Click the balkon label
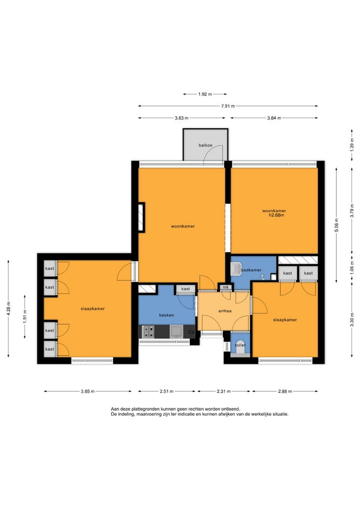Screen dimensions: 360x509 pyautogui.click(x=206, y=145)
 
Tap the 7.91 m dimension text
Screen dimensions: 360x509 pyautogui.click(x=228, y=106)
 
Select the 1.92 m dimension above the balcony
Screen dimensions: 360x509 pyautogui.click(x=205, y=94)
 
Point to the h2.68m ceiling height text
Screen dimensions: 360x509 pyautogui.click(x=277, y=215)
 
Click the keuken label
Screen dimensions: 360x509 pyautogui.click(x=166, y=315)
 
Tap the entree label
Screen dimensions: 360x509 pyautogui.click(x=225, y=311)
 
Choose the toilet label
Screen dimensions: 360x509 pyautogui.click(x=240, y=345)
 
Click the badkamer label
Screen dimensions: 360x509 pyautogui.click(x=251, y=270)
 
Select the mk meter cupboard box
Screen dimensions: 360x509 pyautogui.click(x=226, y=287)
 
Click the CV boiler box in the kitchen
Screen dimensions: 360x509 pyautogui.click(x=191, y=332)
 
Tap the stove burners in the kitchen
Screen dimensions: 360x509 pyautogui.click(x=149, y=332)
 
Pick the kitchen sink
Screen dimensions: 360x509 pyautogui.click(x=176, y=332)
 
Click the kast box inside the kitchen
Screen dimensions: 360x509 pyautogui.click(x=186, y=289)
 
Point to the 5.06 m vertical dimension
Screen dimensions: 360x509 pyautogui.click(x=337, y=225)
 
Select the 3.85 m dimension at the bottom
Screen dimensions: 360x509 pyautogui.click(x=87, y=391)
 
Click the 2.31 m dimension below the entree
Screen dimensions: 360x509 pyautogui.click(x=224, y=391)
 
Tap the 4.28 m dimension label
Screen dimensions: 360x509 pyautogui.click(x=8, y=309)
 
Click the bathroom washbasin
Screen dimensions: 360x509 pyautogui.click(x=235, y=268)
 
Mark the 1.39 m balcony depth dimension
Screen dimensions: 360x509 pyautogui.click(x=352, y=145)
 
